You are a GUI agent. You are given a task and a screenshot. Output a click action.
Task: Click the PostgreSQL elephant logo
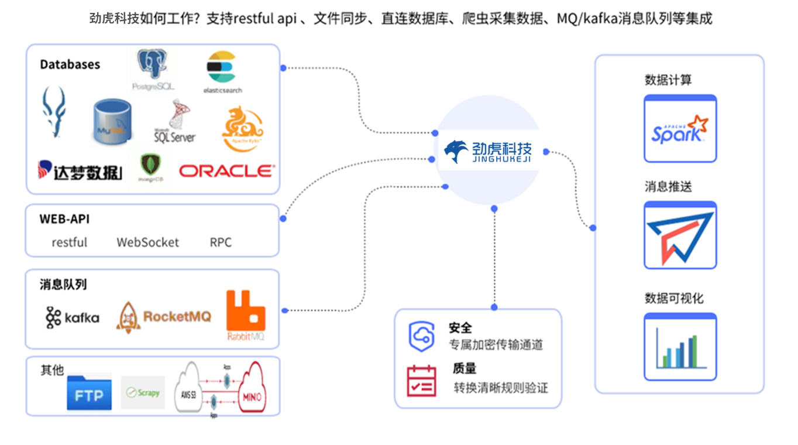(x=153, y=70)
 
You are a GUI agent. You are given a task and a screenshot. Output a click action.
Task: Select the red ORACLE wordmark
(x=226, y=170)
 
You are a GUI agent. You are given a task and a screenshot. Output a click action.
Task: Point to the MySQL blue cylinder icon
(x=112, y=122)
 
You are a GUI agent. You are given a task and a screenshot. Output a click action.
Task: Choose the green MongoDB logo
(x=150, y=167)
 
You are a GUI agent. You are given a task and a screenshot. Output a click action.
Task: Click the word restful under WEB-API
(x=69, y=242)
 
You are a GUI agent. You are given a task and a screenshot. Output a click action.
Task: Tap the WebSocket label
(x=147, y=242)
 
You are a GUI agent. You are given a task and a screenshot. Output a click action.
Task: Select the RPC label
(x=221, y=242)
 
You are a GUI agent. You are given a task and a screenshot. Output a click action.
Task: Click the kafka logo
(x=72, y=317)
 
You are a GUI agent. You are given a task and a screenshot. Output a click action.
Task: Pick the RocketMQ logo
(x=164, y=317)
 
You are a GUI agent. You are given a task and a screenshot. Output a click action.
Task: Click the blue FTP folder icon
(x=89, y=392)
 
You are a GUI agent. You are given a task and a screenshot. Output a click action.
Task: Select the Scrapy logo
(x=143, y=392)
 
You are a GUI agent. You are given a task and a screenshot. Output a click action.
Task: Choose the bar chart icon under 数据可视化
(x=680, y=348)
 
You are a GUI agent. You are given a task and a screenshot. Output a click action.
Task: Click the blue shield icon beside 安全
(x=421, y=336)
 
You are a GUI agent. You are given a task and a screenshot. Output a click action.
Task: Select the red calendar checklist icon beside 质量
(x=421, y=381)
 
